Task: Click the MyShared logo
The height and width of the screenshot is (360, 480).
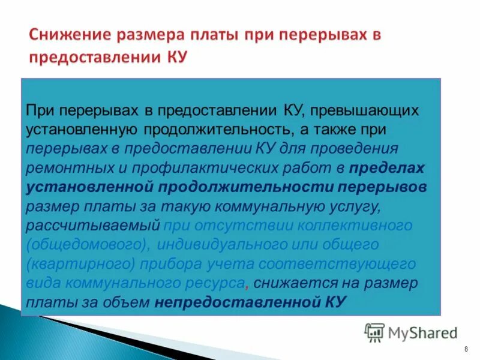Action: (410, 332)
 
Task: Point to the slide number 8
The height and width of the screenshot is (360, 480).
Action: (466, 349)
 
